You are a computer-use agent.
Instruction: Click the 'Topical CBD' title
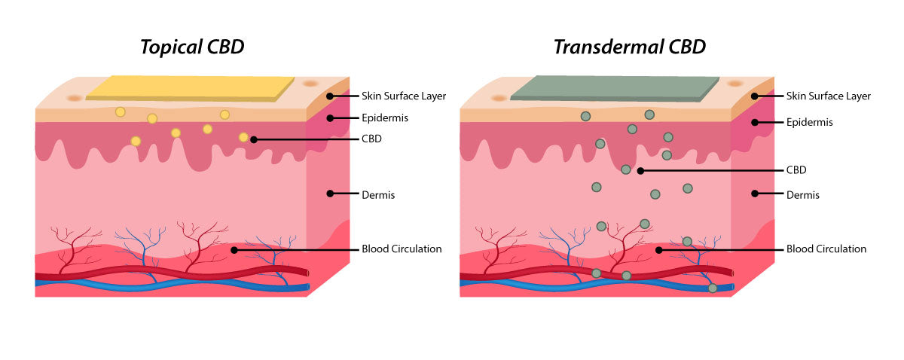tap(192, 47)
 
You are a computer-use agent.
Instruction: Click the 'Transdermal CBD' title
tap(629, 47)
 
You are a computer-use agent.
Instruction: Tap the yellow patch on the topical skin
tap(190, 87)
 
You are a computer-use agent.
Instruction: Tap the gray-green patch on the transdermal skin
tap(615, 87)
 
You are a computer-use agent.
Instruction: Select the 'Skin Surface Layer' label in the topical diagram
tap(404, 96)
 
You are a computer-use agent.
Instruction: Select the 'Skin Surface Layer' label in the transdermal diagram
tap(829, 96)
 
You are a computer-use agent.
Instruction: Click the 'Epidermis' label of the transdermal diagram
tap(810, 121)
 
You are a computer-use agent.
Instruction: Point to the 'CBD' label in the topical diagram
tap(372, 139)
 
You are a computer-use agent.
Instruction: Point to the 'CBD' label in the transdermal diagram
tap(797, 170)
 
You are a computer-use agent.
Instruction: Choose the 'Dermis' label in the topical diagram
tap(378, 194)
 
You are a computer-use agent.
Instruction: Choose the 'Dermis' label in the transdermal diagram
tap(803, 194)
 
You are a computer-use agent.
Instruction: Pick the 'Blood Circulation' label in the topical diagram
tap(402, 249)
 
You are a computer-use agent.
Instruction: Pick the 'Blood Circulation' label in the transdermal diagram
tap(826, 249)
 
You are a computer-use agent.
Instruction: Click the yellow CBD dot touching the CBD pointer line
tap(243, 137)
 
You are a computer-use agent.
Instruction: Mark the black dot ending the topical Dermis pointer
tap(329, 194)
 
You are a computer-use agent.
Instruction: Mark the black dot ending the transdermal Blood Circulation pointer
tap(658, 249)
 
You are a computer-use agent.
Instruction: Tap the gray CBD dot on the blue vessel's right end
tap(712, 288)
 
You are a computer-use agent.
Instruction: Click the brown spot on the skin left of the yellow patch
tap(73, 98)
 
